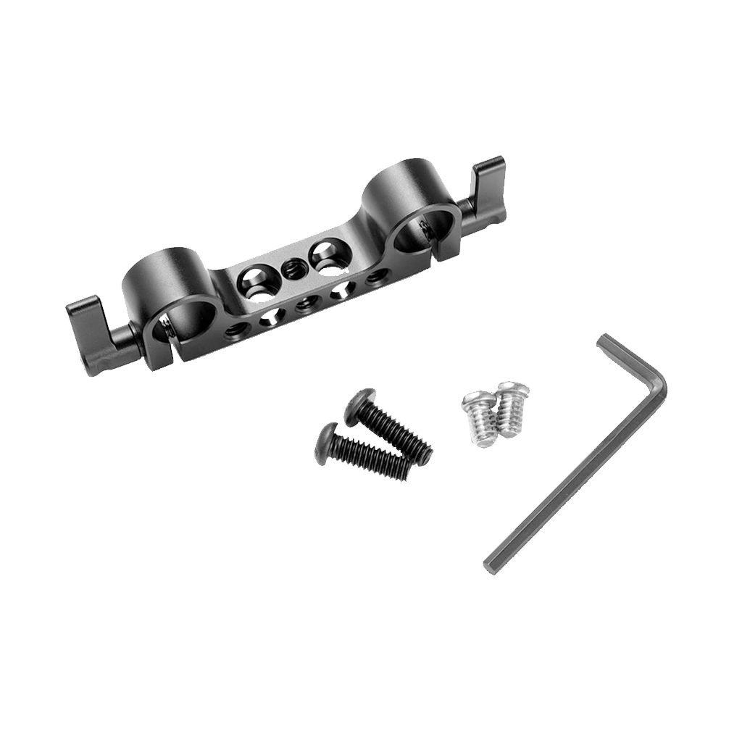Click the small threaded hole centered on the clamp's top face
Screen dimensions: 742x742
(292, 267)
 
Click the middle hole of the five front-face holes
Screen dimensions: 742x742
(305, 302)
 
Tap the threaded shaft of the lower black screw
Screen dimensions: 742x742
(373, 459)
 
